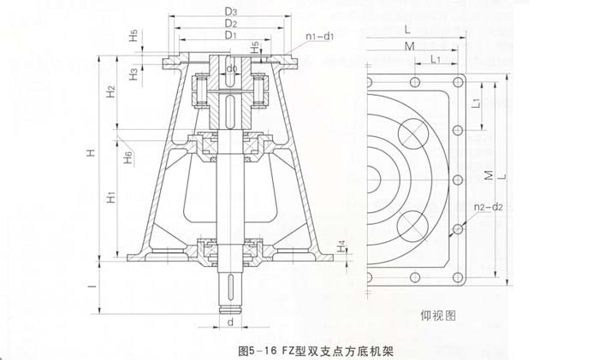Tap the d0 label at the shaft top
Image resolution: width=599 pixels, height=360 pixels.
(x=230, y=68)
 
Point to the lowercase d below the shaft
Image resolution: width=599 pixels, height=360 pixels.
(x=231, y=323)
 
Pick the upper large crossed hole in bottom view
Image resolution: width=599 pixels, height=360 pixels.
(x=414, y=133)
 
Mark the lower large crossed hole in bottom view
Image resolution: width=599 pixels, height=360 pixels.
(x=414, y=224)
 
